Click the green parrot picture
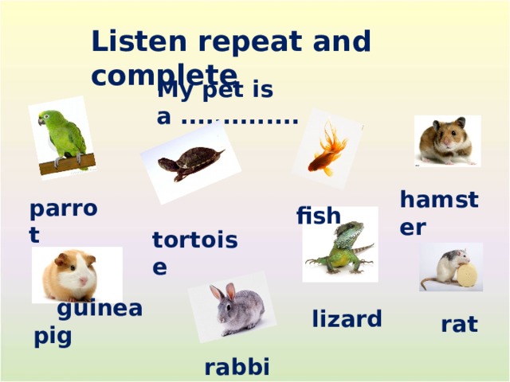65,137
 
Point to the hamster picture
447,141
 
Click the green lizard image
340,244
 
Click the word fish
318,216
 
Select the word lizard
347,319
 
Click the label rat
459,324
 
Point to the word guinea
100,309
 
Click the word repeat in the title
240,42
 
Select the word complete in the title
163,73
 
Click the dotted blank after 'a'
239,119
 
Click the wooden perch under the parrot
68,164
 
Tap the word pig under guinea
53,336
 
